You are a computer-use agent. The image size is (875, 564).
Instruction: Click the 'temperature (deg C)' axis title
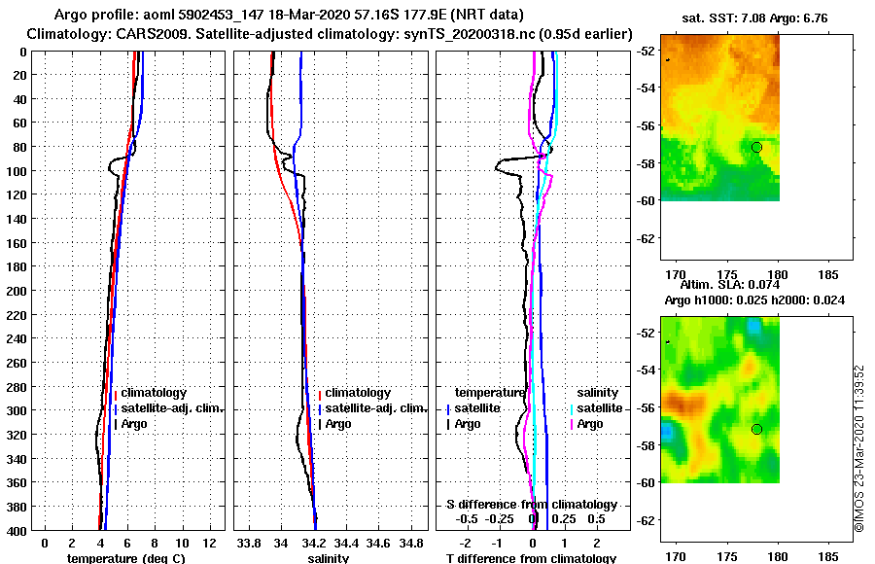122,558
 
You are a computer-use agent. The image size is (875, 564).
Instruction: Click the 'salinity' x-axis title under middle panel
329,558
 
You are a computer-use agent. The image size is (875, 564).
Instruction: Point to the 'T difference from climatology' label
531,558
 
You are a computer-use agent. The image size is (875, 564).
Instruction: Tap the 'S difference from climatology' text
532,505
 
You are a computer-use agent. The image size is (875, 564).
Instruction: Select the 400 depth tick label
18,530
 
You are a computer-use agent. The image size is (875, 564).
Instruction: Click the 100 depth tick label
18,171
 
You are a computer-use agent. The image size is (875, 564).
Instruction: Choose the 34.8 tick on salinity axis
413,541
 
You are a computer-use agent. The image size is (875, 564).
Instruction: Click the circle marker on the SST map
756,147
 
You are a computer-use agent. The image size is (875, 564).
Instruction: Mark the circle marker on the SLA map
756,429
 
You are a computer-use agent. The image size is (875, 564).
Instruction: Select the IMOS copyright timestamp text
859,448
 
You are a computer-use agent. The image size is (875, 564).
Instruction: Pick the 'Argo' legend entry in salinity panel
338,424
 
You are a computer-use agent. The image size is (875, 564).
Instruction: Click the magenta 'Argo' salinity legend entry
589,424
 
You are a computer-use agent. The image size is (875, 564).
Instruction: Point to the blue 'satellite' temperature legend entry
476,408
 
